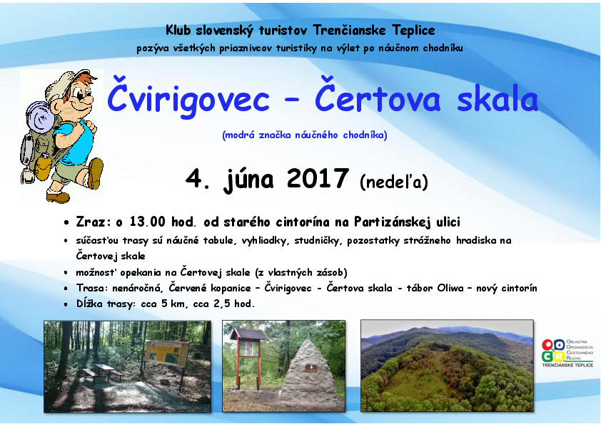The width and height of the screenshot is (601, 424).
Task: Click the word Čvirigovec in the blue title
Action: [188, 97]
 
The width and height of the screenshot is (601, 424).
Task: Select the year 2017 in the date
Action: [318, 178]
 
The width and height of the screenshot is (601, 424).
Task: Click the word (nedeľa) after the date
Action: [393, 182]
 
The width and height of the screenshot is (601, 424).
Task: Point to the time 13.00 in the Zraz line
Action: [147, 222]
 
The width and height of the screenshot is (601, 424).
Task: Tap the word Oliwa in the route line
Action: [450, 288]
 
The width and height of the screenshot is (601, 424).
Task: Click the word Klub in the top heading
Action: [178, 30]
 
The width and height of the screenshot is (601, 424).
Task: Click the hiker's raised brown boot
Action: [95, 173]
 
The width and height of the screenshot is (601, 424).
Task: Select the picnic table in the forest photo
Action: [103, 372]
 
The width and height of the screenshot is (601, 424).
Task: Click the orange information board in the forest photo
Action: [167, 353]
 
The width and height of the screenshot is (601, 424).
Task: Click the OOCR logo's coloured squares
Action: [553, 351]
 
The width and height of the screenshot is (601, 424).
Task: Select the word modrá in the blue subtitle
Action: [240, 135]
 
